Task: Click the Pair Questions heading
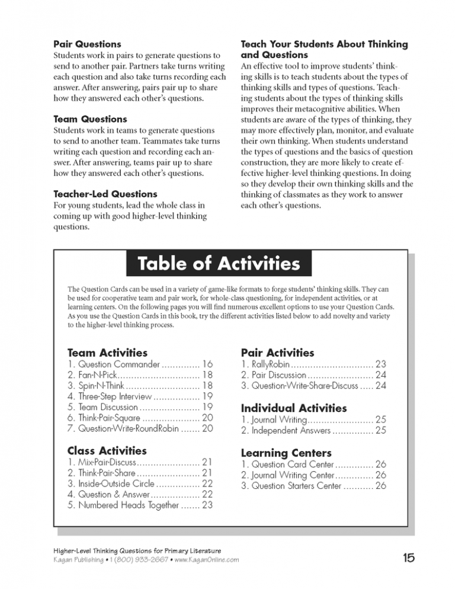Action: (87, 44)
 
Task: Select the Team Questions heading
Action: (90, 119)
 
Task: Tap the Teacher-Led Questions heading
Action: (105, 194)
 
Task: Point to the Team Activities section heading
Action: (108, 353)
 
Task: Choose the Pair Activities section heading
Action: (277, 353)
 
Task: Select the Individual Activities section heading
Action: (294, 408)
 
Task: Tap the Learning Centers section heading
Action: (285, 452)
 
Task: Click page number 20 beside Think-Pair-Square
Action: (207, 418)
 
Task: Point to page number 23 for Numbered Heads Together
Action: (207, 505)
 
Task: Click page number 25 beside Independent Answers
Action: (380, 431)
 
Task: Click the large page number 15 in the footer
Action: (408, 557)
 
